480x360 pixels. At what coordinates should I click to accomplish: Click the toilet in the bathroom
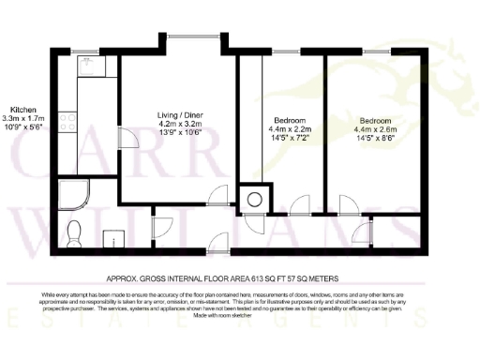tap(76, 230)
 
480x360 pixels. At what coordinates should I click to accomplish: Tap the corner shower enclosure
tap(72, 195)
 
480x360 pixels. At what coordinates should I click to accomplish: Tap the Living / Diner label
tap(180, 115)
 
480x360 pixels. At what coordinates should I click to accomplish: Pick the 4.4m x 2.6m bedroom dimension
tap(377, 128)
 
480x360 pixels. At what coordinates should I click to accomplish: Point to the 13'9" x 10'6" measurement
tap(180, 132)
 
